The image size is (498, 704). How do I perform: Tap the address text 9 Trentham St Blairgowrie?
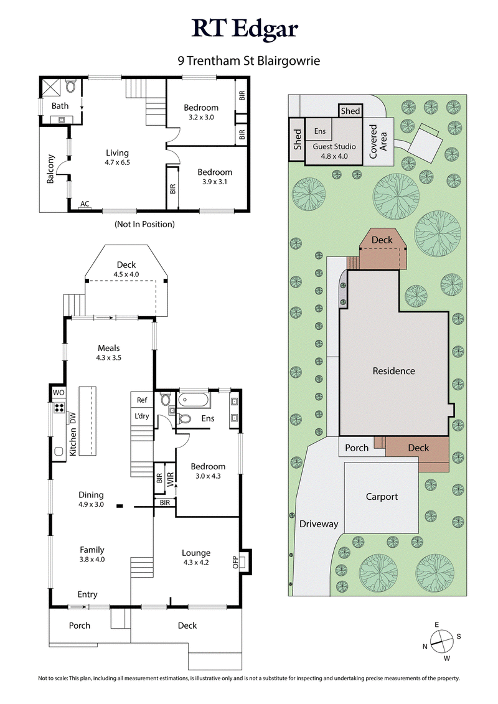[x=249, y=62]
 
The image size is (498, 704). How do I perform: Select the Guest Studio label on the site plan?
[x=334, y=147]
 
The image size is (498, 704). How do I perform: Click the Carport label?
[x=381, y=497]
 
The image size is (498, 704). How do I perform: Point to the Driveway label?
[x=319, y=524]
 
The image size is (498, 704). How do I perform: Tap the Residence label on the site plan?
[x=393, y=371]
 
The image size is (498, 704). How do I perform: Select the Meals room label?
[x=108, y=348]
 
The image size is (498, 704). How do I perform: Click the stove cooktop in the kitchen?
[x=59, y=408]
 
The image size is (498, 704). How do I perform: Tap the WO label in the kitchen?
[x=59, y=393]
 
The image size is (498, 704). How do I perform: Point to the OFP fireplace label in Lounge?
[x=236, y=562]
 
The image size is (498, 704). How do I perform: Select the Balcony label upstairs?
[x=50, y=169]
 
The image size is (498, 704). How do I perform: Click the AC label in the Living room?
[x=84, y=204]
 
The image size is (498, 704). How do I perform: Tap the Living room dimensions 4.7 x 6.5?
[x=117, y=162]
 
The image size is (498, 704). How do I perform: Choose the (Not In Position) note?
[x=144, y=224]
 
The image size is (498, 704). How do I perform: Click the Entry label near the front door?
[x=87, y=594]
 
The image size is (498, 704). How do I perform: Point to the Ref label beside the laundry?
[x=142, y=400]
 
